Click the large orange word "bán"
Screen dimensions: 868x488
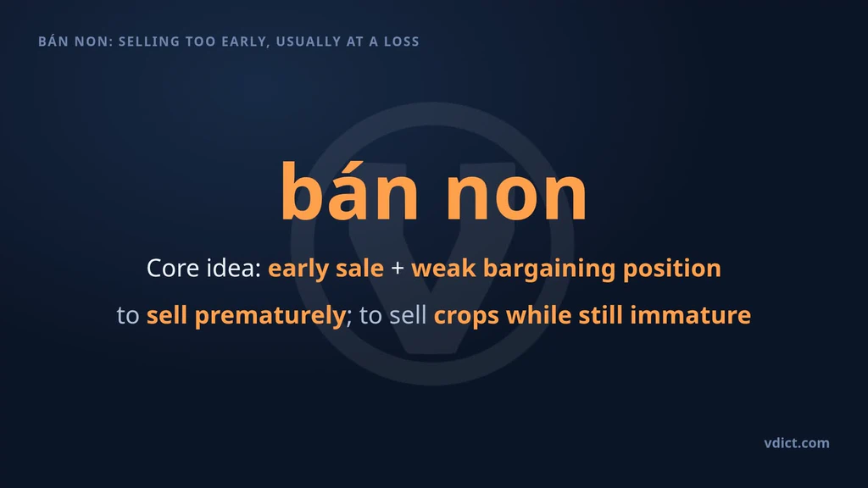tap(349, 191)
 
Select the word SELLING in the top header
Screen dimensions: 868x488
tap(149, 42)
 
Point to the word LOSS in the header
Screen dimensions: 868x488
tap(402, 42)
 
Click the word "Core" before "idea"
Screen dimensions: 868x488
tap(173, 269)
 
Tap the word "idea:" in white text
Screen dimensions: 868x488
tap(234, 268)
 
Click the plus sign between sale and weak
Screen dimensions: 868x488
tap(398, 269)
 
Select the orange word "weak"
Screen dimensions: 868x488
tap(443, 268)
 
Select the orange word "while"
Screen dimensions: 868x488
tap(538, 315)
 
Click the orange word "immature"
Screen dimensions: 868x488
tap(690, 315)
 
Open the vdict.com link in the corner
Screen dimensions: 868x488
tap(797, 443)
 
